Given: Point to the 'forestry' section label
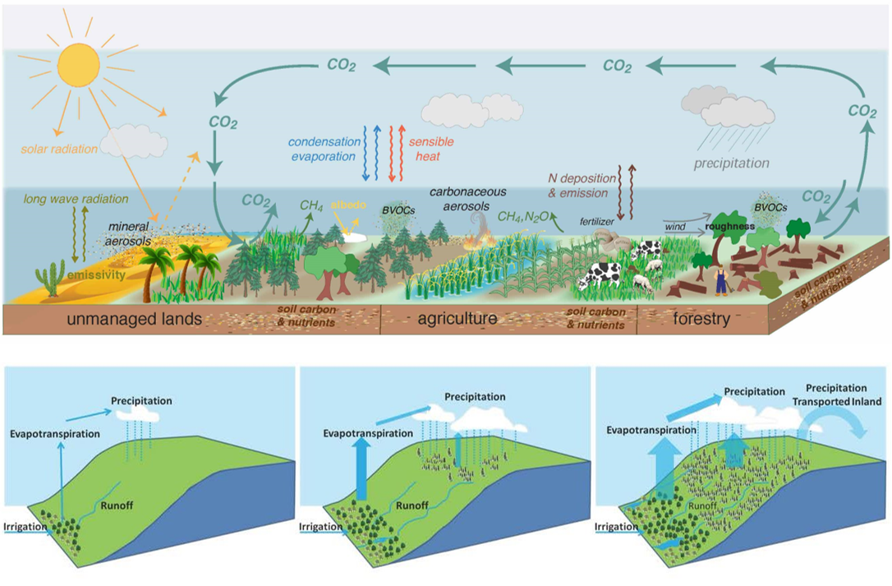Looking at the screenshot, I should click(698, 319).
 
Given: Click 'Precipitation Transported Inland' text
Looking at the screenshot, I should click(835, 395).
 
